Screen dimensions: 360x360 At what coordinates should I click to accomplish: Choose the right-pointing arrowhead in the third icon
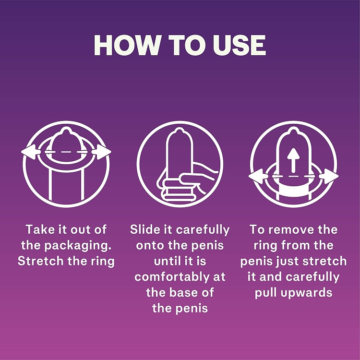[331, 176]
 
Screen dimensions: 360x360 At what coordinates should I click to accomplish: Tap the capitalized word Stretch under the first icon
[40, 261]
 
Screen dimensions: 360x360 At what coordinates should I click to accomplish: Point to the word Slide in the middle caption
[144, 229]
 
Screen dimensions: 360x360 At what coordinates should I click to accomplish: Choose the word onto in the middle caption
[152, 245]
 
